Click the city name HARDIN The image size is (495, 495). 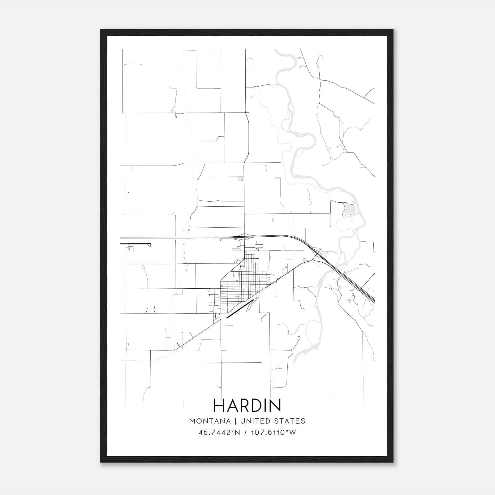coord(247,405)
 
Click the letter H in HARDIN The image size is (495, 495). coord(220,405)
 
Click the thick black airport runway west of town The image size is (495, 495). coord(135,244)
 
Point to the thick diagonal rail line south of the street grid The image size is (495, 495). coord(240,309)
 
